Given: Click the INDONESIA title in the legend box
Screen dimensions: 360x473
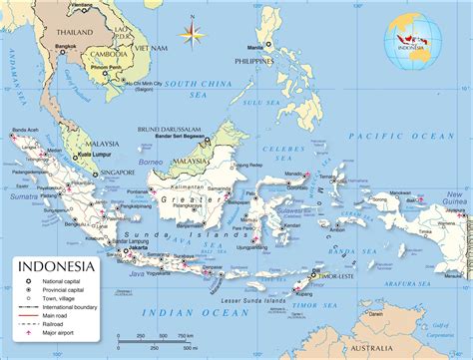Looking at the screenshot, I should pyautogui.click(x=56, y=266).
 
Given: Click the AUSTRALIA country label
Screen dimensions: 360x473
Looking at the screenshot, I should pyautogui.click(x=423, y=347).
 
